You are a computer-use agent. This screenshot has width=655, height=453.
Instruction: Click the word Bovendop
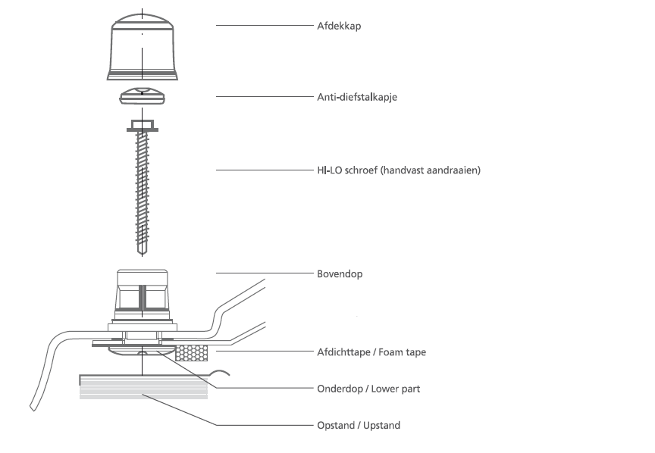340,273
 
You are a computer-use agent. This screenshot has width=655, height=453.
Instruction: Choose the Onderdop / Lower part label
368,389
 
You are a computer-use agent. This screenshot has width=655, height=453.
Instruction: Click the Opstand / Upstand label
359,425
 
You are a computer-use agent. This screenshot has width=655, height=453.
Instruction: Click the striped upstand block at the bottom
143,387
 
